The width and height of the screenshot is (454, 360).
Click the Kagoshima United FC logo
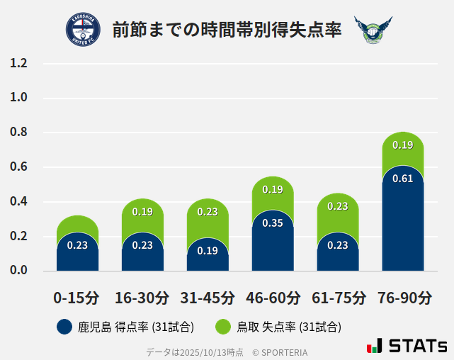tap(83, 30)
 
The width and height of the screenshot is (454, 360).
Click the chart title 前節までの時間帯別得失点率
tap(227, 30)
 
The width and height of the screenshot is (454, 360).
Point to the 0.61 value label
tap(402, 179)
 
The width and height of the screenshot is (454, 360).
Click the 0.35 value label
tap(273, 223)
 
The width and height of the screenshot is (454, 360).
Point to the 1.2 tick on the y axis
tap(18, 64)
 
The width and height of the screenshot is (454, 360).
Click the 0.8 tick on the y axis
tap(18, 133)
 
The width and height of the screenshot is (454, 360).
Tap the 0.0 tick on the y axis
tap(18, 271)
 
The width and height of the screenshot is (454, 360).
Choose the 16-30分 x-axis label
tap(142, 298)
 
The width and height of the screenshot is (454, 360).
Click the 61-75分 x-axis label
tap(338, 298)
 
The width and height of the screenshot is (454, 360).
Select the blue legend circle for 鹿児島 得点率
tap(64, 327)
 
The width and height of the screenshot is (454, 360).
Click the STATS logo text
tap(418, 347)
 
